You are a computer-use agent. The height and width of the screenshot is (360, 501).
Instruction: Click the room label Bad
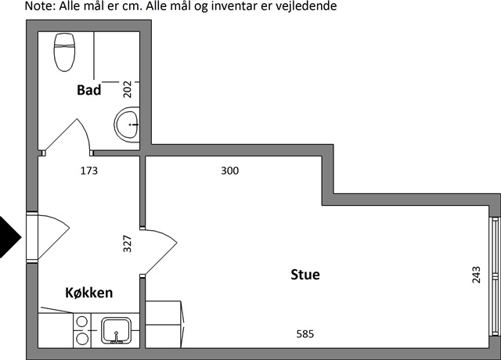click(x=88, y=90)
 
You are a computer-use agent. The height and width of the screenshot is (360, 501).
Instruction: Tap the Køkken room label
click(x=88, y=293)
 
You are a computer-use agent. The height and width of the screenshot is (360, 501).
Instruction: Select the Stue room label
click(x=305, y=275)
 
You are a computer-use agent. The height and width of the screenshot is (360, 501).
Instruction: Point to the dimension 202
click(x=127, y=89)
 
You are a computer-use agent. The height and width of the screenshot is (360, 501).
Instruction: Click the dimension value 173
click(x=88, y=171)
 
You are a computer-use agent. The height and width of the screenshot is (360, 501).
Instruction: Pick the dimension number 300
click(x=229, y=171)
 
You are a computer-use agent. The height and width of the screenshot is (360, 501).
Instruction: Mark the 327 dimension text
click(x=127, y=243)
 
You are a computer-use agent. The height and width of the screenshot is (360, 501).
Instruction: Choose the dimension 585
click(x=305, y=334)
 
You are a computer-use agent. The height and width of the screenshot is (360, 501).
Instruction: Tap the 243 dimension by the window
click(x=476, y=275)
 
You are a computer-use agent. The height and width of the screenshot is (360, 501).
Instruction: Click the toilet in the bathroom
click(x=64, y=52)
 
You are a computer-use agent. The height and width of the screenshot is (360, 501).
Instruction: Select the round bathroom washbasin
click(x=127, y=124)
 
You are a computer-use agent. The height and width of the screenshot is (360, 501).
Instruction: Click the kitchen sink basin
click(x=117, y=330)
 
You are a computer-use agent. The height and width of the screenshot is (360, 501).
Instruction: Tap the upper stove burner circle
click(x=82, y=322)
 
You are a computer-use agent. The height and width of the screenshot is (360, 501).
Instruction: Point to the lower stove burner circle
click(x=82, y=339)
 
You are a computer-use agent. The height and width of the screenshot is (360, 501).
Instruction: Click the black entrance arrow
click(x=10, y=237)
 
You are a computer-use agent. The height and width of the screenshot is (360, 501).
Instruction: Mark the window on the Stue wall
click(x=495, y=276)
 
